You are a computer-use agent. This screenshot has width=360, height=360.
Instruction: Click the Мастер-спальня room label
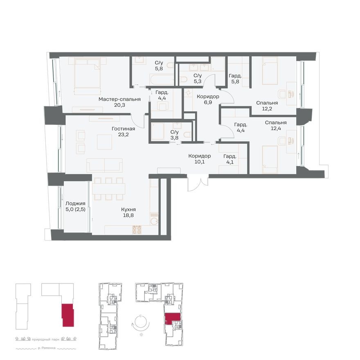tap(119, 99)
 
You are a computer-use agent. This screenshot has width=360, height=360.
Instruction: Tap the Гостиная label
tap(123, 128)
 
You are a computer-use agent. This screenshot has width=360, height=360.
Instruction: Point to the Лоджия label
tap(75, 203)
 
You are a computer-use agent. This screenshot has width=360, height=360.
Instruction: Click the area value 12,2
tap(267, 109)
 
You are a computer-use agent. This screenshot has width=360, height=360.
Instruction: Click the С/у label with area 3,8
tap(174, 132)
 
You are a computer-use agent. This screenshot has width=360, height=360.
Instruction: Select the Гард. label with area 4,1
tap(229, 156)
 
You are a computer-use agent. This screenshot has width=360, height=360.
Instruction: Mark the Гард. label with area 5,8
tap(235, 76)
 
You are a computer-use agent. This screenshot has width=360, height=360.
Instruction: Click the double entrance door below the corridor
tap(198, 182)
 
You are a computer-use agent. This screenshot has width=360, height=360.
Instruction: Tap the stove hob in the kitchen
tap(137, 230)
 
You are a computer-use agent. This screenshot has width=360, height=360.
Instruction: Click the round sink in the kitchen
tap(154, 221)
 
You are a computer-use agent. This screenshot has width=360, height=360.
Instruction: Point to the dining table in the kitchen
tap(108, 189)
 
